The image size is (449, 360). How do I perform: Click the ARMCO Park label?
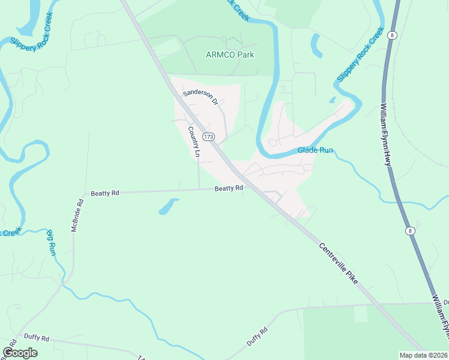click(230, 55)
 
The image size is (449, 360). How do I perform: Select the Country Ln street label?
click(193, 142)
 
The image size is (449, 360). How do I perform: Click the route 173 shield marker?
click(208, 137)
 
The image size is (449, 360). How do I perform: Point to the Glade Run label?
click(315, 151)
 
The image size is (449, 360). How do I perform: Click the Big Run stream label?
click(52, 242)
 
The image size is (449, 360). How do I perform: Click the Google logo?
click(20, 353)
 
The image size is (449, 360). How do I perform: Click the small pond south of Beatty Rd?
click(168, 207)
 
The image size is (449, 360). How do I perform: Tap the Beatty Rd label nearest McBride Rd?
click(105, 193)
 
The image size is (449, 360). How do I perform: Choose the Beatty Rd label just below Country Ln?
click(229, 188)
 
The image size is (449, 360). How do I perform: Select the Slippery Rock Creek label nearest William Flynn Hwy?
click(360, 55)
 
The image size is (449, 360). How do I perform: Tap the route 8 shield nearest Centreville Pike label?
click(409, 230)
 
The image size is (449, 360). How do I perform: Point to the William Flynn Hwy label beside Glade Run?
click(385, 135)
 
